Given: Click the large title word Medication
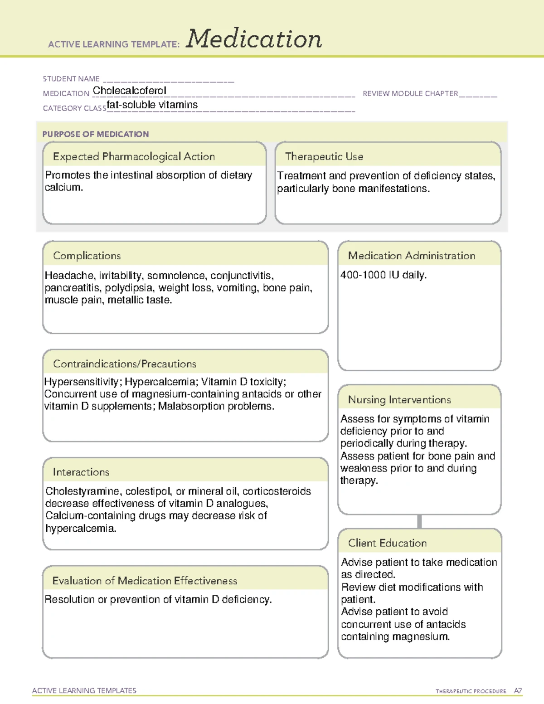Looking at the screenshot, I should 254,39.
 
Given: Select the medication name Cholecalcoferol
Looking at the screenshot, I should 130,91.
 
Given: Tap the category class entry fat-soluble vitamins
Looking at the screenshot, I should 152,105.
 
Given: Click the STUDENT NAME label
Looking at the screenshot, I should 71,79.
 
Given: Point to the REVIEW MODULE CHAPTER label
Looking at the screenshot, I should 410,93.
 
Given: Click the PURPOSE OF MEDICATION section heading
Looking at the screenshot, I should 96,134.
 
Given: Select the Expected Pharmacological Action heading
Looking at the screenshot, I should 134,156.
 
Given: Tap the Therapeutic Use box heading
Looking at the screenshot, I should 324,156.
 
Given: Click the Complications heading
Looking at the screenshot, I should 87,256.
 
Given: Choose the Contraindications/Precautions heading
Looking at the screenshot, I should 125,364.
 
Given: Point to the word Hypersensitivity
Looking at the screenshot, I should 81,382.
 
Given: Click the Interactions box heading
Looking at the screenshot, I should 81,472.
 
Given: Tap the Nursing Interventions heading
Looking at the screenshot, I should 399,400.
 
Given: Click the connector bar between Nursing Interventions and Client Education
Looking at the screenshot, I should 419,521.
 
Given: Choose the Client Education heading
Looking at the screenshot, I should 387,543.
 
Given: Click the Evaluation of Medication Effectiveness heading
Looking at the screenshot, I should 145,581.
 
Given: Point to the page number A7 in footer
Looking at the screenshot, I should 518,691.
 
